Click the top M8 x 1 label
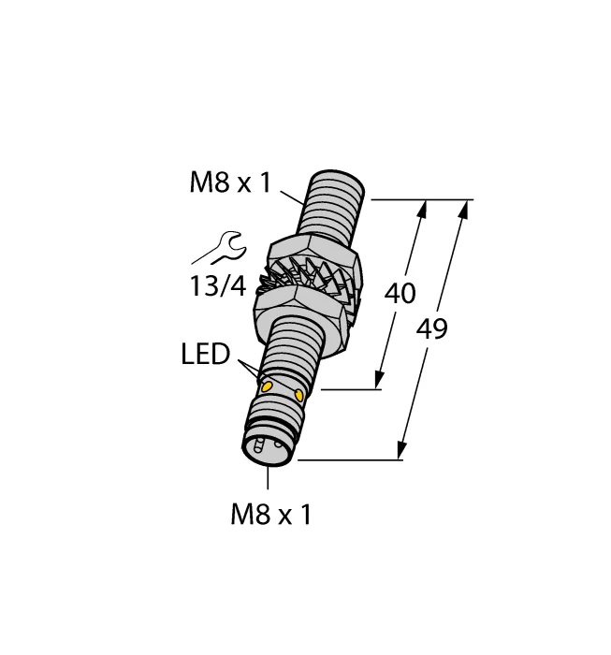(x=229, y=183)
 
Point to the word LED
(x=206, y=355)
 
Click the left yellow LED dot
(x=267, y=386)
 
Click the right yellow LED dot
(x=298, y=395)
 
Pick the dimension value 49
(x=431, y=329)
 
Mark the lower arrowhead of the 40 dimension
(x=380, y=381)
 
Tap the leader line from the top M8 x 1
(x=291, y=194)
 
